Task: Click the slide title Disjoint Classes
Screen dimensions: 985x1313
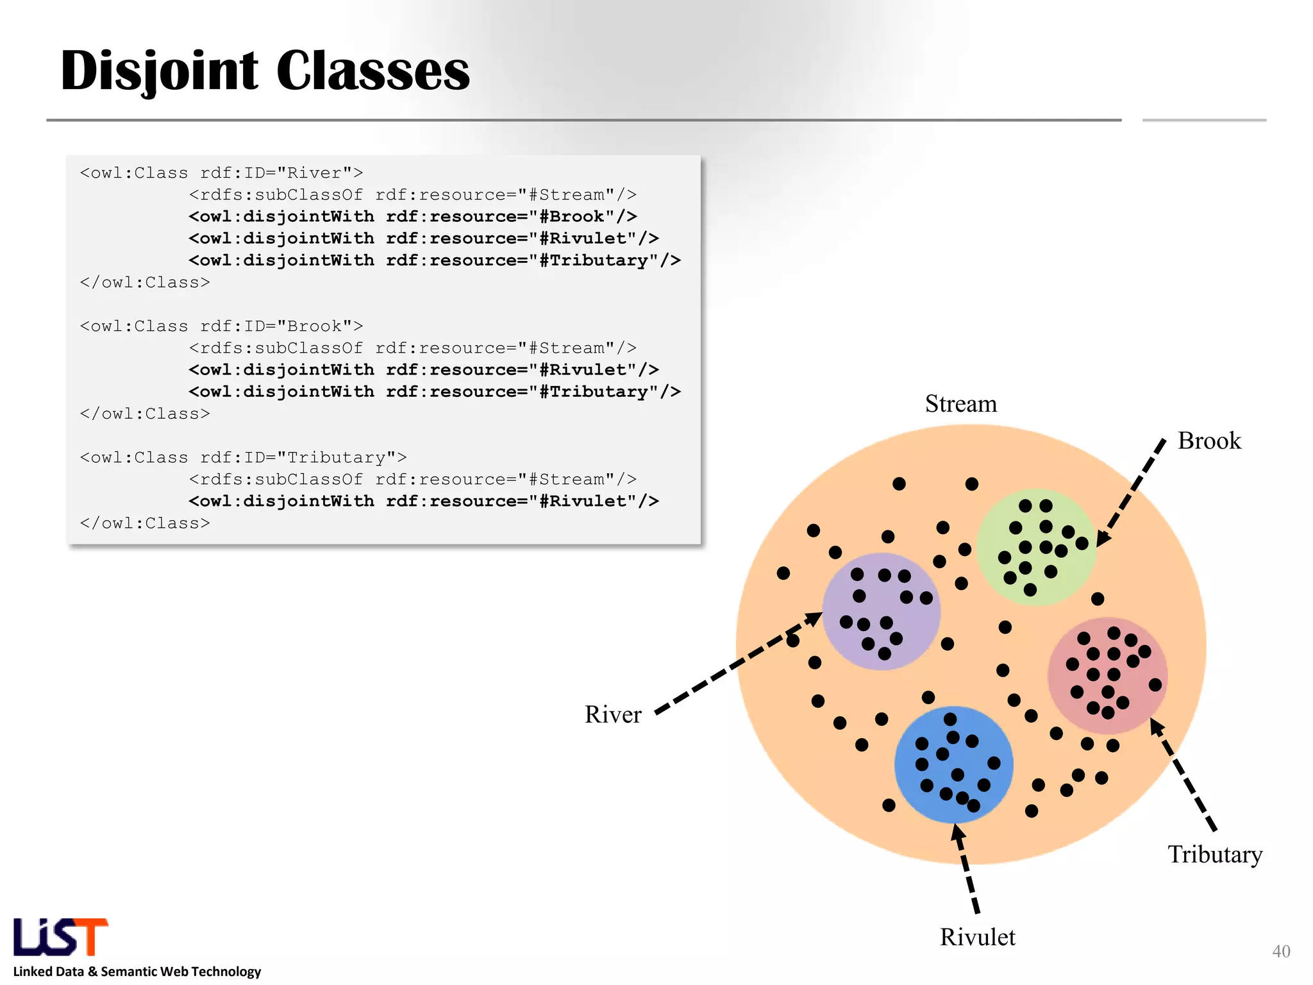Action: click(x=265, y=71)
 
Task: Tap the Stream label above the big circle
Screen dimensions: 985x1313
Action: click(x=960, y=404)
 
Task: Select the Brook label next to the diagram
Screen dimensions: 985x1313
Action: click(x=1208, y=441)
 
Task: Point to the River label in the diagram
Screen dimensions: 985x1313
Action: click(x=612, y=714)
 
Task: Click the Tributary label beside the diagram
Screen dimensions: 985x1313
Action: click(x=1214, y=855)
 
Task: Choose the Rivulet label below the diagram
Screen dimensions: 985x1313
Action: click(x=977, y=938)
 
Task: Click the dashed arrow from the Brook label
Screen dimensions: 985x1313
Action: click(x=1132, y=491)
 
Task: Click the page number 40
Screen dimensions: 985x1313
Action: click(x=1280, y=951)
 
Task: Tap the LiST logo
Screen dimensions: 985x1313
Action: click(x=61, y=937)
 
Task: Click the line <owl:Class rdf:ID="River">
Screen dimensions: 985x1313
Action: click(x=221, y=173)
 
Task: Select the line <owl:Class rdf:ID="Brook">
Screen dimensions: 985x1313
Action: click(x=221, y=326)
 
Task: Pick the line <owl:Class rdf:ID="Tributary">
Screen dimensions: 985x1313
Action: click(x=243, y=458)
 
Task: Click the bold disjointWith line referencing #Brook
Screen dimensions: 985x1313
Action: click(x=412, y=217)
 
